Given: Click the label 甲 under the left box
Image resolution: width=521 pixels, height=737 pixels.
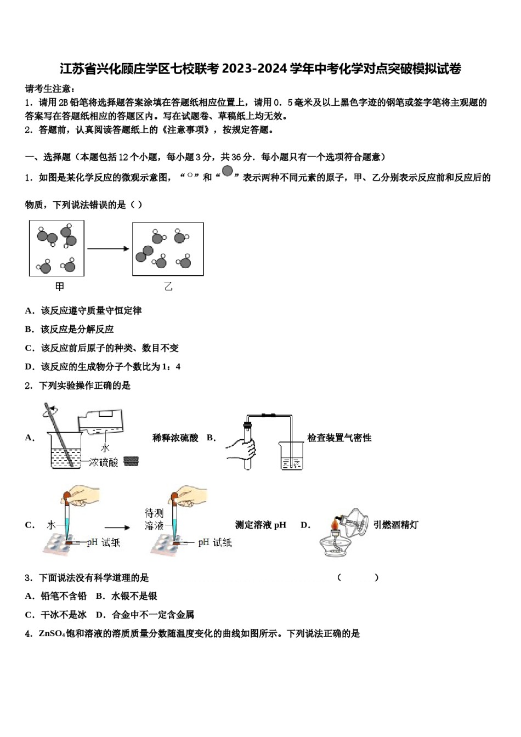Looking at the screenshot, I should [60, 286].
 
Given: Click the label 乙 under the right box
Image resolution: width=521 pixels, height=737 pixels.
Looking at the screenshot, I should [168, 286].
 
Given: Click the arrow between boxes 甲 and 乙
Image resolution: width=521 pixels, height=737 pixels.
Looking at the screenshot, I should [108, 249].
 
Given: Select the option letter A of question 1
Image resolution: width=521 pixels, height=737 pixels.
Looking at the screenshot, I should [29, 310].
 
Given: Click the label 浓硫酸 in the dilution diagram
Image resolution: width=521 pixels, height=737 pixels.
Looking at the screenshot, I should [104, 462].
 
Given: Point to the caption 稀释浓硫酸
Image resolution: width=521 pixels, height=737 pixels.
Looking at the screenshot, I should [175, 438].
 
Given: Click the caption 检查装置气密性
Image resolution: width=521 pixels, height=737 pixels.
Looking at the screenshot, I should [339, 438].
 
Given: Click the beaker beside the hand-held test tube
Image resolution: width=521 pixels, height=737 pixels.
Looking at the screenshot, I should [291, 455].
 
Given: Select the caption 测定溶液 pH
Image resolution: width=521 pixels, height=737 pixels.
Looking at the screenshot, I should [260, 525].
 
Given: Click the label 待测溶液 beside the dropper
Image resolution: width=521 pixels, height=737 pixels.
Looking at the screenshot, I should [154, 519].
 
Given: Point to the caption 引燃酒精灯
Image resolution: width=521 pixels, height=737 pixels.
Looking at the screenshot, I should [395, 525].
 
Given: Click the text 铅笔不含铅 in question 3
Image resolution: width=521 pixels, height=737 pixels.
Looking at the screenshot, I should [64, 596].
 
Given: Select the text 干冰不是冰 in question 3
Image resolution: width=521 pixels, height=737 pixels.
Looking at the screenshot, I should [64, 615].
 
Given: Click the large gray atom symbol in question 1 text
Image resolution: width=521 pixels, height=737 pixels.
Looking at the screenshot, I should [227, 172].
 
